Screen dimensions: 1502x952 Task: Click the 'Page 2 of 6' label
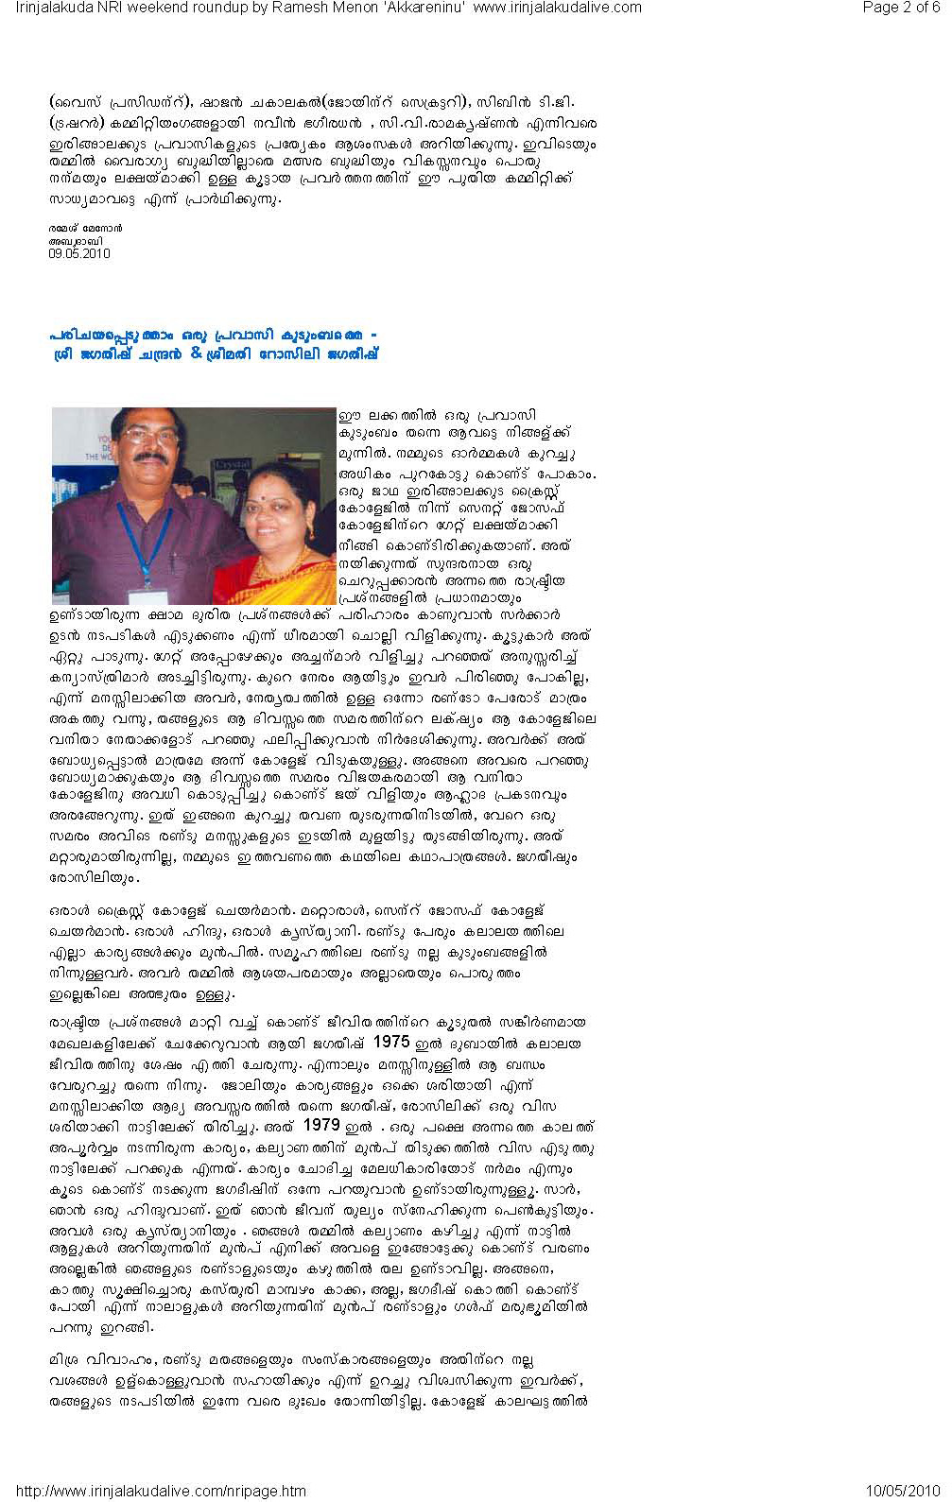coord(901,8)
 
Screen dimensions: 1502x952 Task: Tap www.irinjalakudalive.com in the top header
coord(557,8)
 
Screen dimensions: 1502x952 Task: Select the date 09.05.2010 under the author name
coord(79,253)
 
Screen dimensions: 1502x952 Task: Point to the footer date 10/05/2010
coord(903,1491)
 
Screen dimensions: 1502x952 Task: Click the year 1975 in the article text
coord(391,1042)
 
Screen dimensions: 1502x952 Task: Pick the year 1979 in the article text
coord(321,1126)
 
